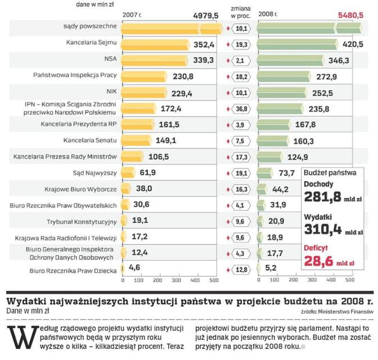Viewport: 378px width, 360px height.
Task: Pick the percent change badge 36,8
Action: pyautogui.click(x=241, y=109)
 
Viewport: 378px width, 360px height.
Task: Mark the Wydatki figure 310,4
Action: pyautogui.click(x=322, y=228)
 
